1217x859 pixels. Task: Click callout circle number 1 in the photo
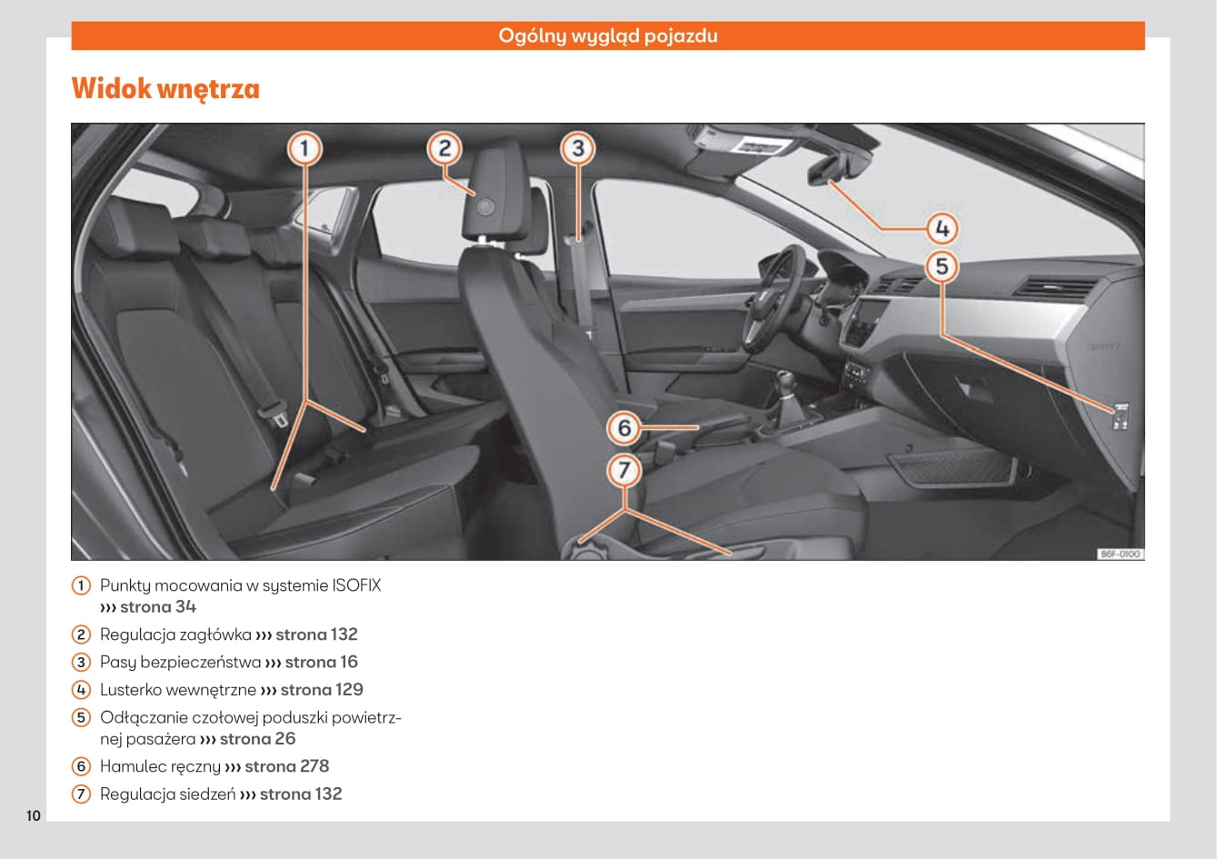(x=305, y=148)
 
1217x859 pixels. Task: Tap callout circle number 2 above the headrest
(x=444, y=148)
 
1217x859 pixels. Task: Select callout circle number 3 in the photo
(x=577, y=148)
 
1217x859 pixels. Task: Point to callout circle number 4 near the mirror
(x=943, y=228)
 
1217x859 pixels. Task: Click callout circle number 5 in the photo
(x=943, y=266)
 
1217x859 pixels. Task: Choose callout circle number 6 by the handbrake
(x=624, y=427)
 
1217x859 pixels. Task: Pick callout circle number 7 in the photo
(x=624, y=470)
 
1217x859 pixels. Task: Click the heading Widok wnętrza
(x=165, y=89)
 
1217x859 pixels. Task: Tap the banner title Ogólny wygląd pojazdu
(x=607, y=36)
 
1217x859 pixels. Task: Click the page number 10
(x=34, y=815)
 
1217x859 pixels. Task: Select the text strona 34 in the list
(x=157, y=607)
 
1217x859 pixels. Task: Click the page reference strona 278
(x=286, y=766)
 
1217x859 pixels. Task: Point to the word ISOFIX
(x=356, y=585)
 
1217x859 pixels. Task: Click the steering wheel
(x=773, y=295)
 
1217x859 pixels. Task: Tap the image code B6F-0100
(x=1120, y=554)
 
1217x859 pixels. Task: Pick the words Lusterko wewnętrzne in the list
(x=178, y=690)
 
